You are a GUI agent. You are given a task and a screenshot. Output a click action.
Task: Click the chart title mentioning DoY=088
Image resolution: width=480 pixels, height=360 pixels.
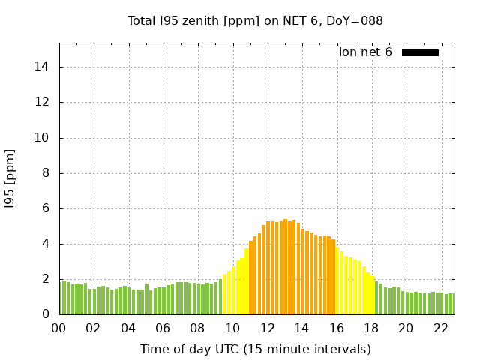[255, 20]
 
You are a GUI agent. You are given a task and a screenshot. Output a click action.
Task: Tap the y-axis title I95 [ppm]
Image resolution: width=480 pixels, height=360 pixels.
[10, 178]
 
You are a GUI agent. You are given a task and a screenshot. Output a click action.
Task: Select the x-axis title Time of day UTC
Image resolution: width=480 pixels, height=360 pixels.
[255, 349]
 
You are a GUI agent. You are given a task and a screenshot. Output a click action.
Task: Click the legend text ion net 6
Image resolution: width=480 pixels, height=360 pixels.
[365, 52]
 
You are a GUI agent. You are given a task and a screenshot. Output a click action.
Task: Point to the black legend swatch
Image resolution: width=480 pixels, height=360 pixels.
[420, 52]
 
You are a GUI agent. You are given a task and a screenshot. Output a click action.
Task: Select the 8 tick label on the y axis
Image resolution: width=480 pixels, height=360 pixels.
[46, 173]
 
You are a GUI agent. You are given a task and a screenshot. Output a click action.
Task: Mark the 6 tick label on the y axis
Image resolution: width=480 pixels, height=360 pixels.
[46, 208]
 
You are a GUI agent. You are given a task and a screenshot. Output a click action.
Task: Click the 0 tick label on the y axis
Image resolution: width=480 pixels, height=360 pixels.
[46, 314]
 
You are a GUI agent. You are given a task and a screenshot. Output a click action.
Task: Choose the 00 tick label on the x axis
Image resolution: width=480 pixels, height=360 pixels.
[59, 328]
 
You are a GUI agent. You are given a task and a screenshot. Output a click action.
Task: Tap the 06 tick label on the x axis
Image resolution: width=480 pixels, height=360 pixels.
[163, 328]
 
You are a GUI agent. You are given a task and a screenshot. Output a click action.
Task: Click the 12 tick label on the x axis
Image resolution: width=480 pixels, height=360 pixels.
[267, 328]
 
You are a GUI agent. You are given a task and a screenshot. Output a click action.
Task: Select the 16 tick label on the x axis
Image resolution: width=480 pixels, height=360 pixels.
[337, 328]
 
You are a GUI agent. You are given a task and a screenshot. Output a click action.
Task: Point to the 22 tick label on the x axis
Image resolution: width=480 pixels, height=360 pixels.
[440, 328]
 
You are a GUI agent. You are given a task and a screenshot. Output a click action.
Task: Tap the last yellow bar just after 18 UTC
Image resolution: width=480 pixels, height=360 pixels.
[372, 295]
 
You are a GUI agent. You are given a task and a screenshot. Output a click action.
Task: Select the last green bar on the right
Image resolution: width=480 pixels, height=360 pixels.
[451, 304]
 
